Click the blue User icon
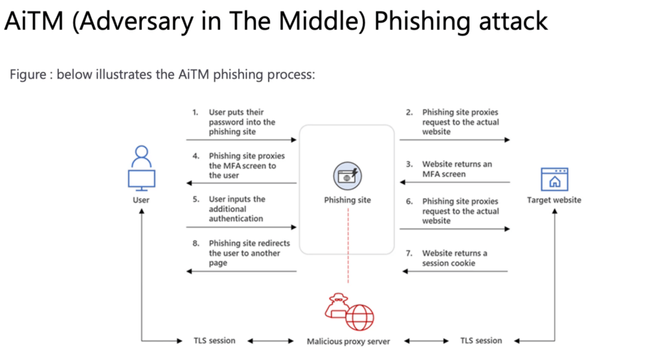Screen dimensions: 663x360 coord(142,168)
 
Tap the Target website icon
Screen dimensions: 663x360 coord(554,179)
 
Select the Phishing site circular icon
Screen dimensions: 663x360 coord(347,176)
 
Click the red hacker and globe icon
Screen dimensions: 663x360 coord(349,312)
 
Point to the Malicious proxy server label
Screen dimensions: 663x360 coord(348,341)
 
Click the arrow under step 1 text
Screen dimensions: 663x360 coord(242,140)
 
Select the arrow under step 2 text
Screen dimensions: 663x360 coord(455,140)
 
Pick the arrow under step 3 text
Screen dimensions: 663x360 coord(455,183)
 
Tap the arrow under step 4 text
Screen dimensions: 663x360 coord(242,183)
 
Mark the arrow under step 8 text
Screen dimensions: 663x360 coord(242,271)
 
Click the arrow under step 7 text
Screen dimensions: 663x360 coord(455,271)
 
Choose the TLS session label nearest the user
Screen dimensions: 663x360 coord(214,341)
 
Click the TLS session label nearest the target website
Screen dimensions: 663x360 coord(481,341)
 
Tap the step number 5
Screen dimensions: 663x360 coord(196,199)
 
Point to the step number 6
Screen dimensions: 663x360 coord(409,201)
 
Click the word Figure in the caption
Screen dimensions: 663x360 coord(28,75)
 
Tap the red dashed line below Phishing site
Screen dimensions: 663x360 coord(348,245)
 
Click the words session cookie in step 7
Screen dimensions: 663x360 coord(449,263)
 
